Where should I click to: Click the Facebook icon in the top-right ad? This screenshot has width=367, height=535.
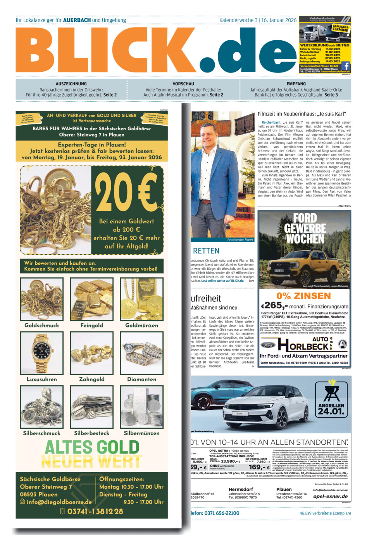coord(346,66)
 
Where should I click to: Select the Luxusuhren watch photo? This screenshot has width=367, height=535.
coord(42,353)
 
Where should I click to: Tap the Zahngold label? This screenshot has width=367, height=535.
coord(92,379)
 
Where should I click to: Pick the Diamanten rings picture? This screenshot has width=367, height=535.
coord(141,353)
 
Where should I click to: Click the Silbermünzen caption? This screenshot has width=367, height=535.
coord(141,433)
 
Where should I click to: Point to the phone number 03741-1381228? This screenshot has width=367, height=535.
coord(95,511)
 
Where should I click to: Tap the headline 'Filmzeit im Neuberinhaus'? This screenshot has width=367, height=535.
coord(302,114)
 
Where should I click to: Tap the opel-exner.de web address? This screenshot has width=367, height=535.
coord(330,496)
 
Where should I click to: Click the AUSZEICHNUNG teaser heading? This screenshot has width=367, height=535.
coord(71,84)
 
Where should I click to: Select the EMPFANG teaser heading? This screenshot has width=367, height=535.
coord(296,84)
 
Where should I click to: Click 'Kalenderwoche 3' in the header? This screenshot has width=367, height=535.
coord(238,20)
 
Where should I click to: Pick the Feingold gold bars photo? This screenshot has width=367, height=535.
coord(92,299)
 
